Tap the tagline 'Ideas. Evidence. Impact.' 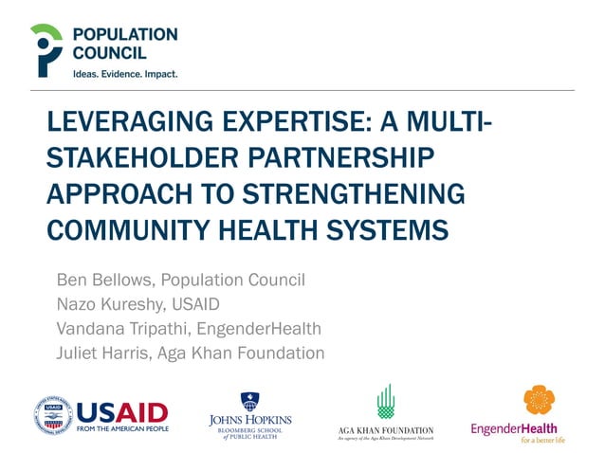click(x=125, y=73)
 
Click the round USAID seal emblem click(x=55, y=415)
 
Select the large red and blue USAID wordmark click(x=122, y=411)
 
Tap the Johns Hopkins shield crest click(x=250, y=400)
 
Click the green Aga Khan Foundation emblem click(x=385, y=402)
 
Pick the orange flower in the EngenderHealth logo click(x=539, y=401)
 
